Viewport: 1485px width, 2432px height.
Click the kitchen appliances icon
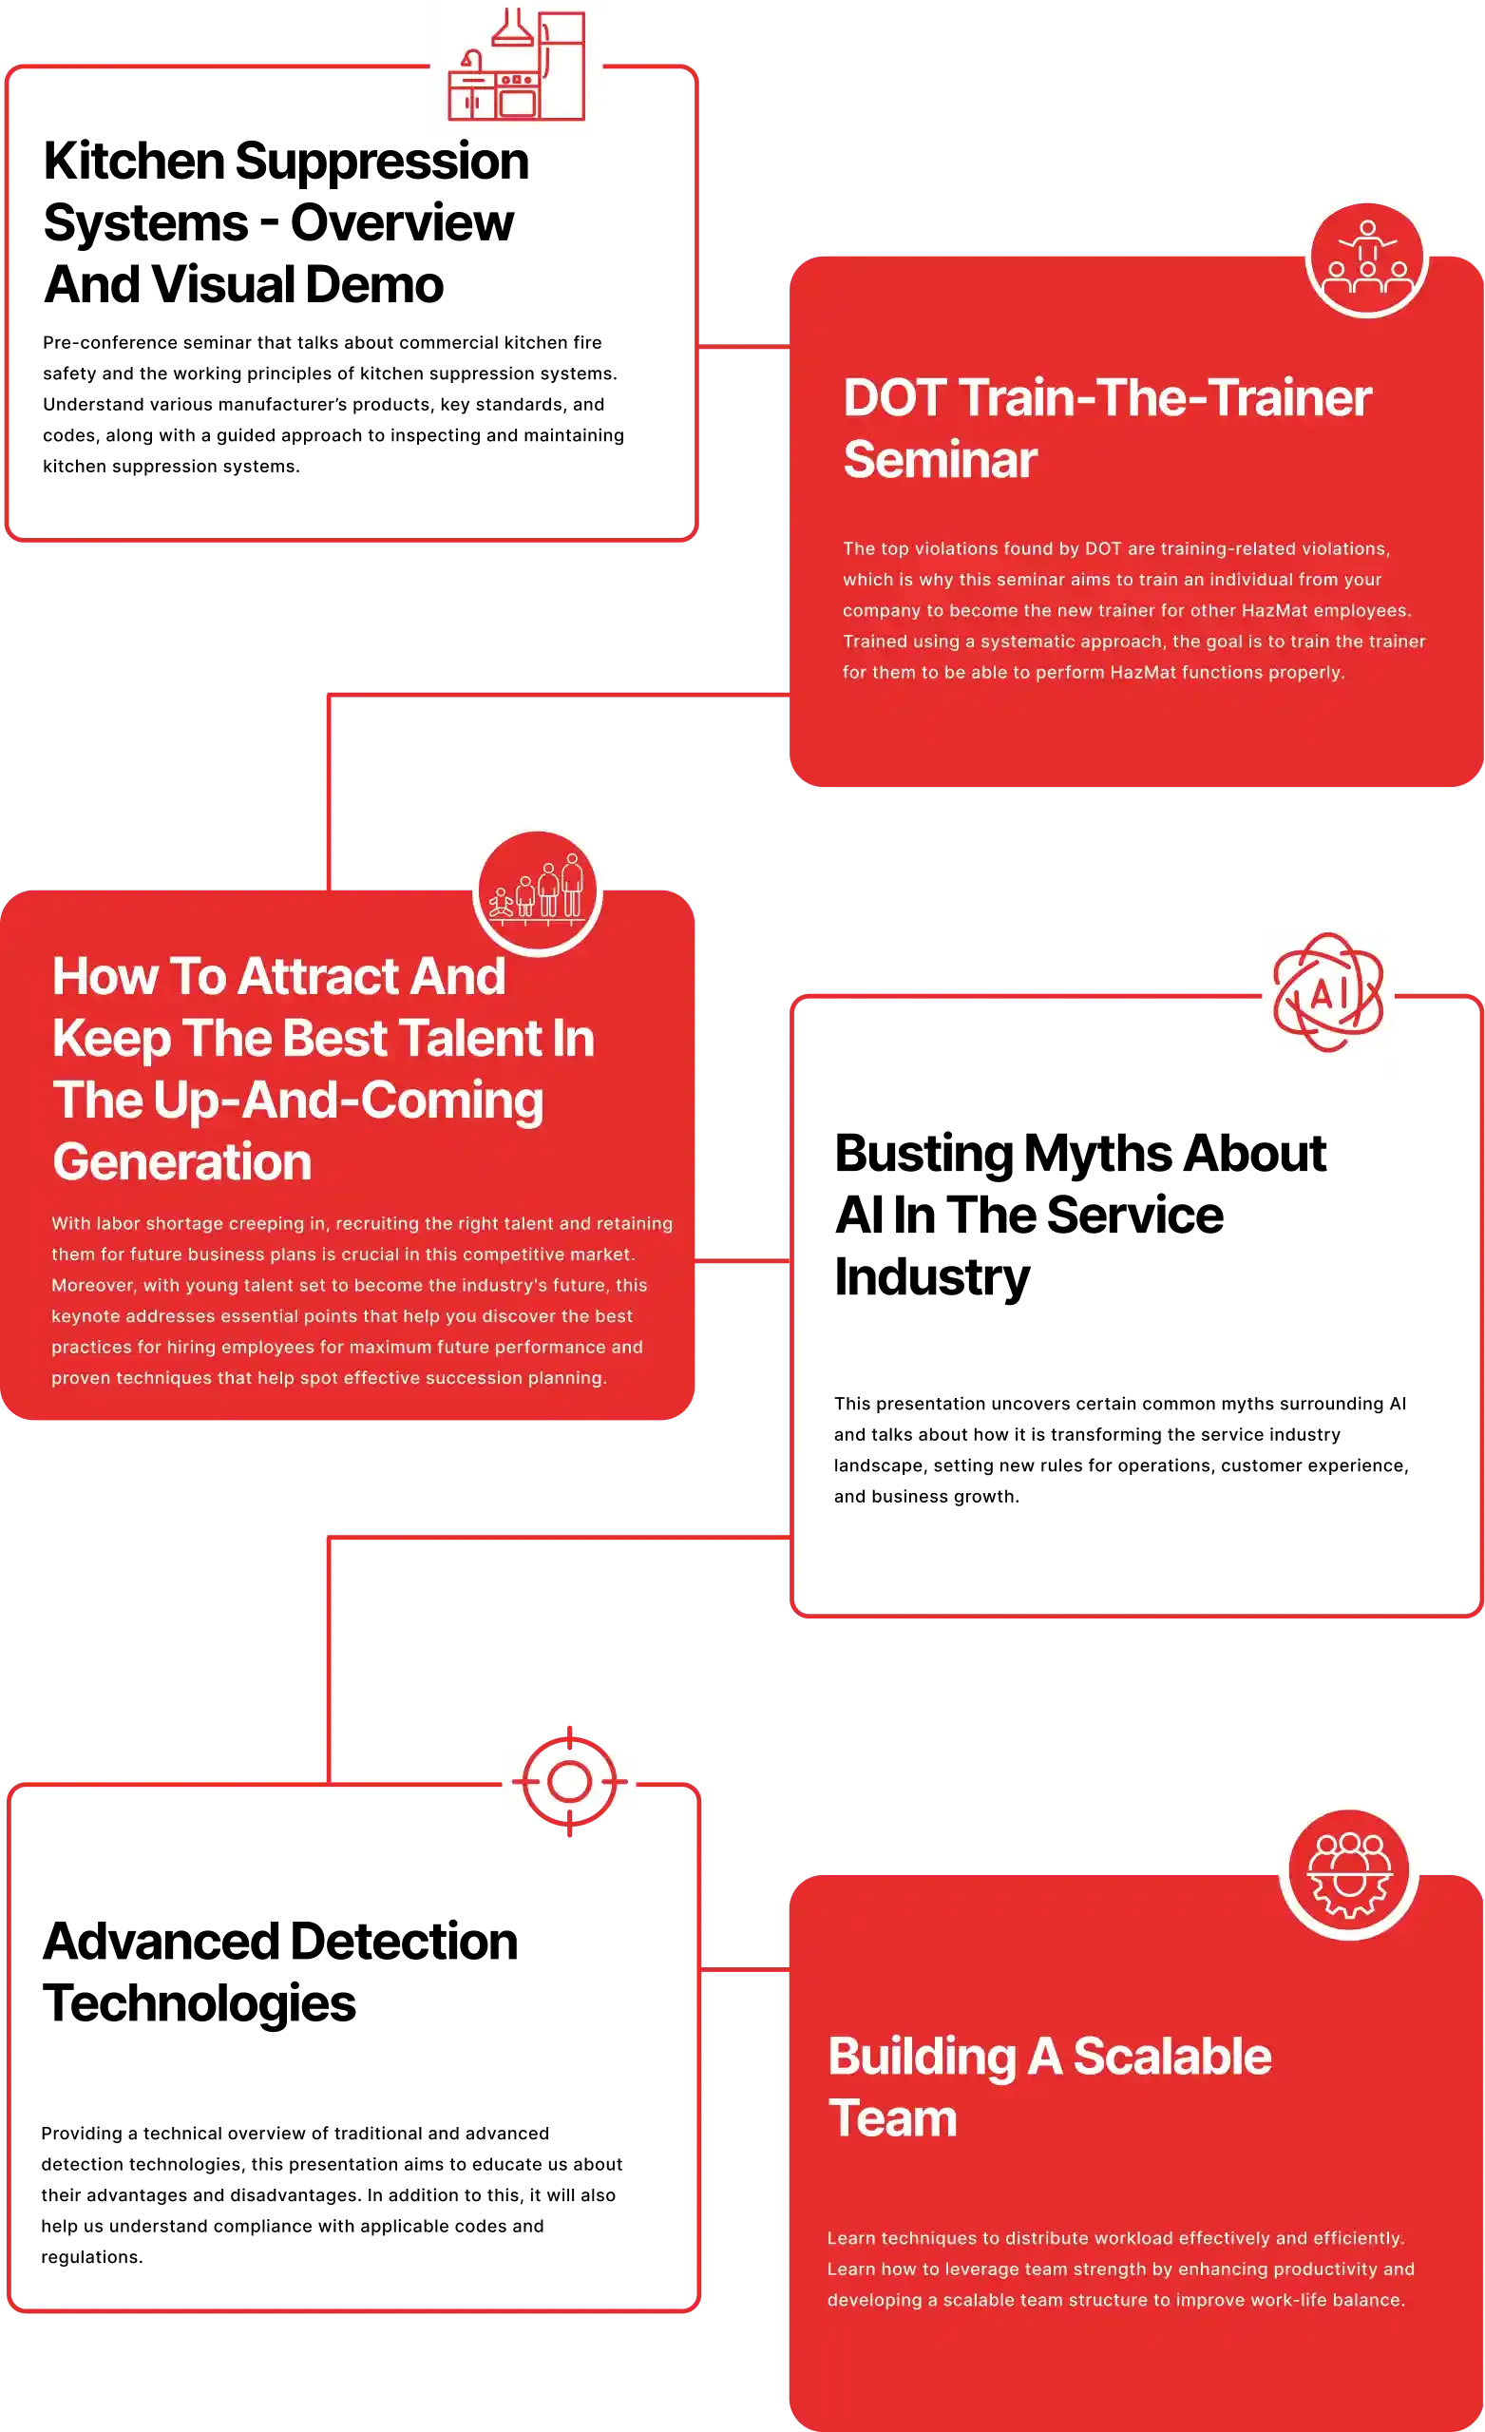tap(516, 66)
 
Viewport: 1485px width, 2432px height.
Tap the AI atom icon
tap(1328, 992)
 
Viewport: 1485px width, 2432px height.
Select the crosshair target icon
tap(569, 1782)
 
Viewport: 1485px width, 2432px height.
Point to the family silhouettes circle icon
tap(538, 890)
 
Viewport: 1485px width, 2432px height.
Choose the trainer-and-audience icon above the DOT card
tap(1366, 259)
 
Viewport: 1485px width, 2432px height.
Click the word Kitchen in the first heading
tap(134, 161)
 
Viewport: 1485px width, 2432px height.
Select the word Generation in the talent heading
tap(181, 1161)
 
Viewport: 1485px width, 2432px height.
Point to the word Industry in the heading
tap(931, 1277)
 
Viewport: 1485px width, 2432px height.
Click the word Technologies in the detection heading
tap(200, 2003)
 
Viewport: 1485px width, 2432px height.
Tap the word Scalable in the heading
tap(1172, 2057)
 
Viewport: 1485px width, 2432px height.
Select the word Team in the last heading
tap(893, 2118)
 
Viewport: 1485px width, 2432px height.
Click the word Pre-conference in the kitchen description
tap(109, 342)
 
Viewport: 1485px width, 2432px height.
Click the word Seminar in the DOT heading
tap(941, 460)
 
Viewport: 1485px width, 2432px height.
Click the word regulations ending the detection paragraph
tap(92, 2257)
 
